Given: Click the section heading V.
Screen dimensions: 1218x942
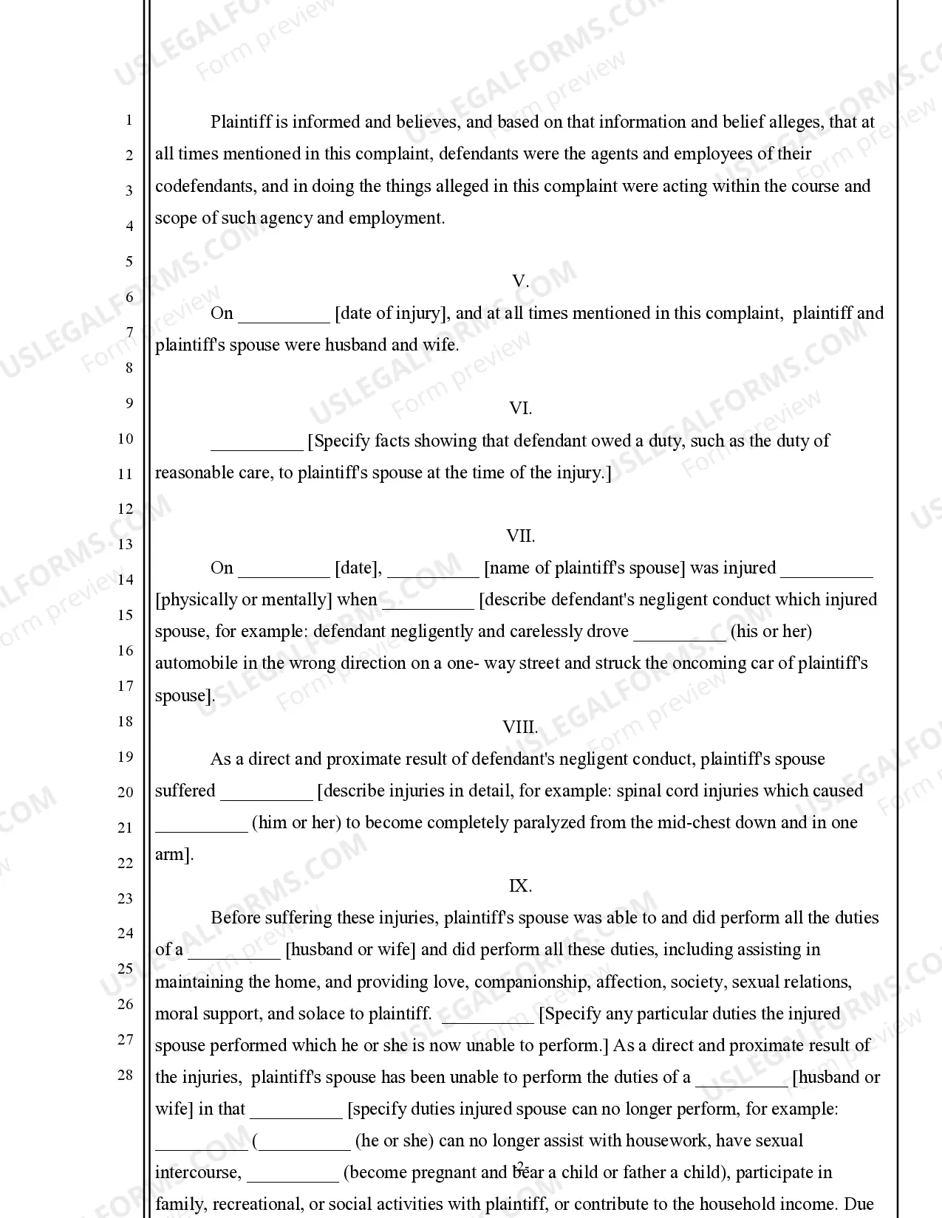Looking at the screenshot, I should click(520, 281).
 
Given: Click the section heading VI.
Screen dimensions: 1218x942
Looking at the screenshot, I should click(520, 409).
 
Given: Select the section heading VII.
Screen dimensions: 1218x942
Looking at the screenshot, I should click(520, 536).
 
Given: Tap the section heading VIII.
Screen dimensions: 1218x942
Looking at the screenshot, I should click(520, 727).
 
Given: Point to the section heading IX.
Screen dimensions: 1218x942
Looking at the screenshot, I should click(520, 886).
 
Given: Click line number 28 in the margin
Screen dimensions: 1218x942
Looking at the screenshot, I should click(126, 1075).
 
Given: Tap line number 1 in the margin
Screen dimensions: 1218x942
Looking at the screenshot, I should click(129, 120).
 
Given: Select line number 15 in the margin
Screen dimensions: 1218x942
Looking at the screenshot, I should click(126, 615).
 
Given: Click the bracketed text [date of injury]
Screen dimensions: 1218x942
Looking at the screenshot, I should click(392, 314).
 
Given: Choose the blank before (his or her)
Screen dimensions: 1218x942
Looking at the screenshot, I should click(680, 635).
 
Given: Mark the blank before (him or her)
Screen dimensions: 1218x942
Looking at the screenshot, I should click(201, 826).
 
